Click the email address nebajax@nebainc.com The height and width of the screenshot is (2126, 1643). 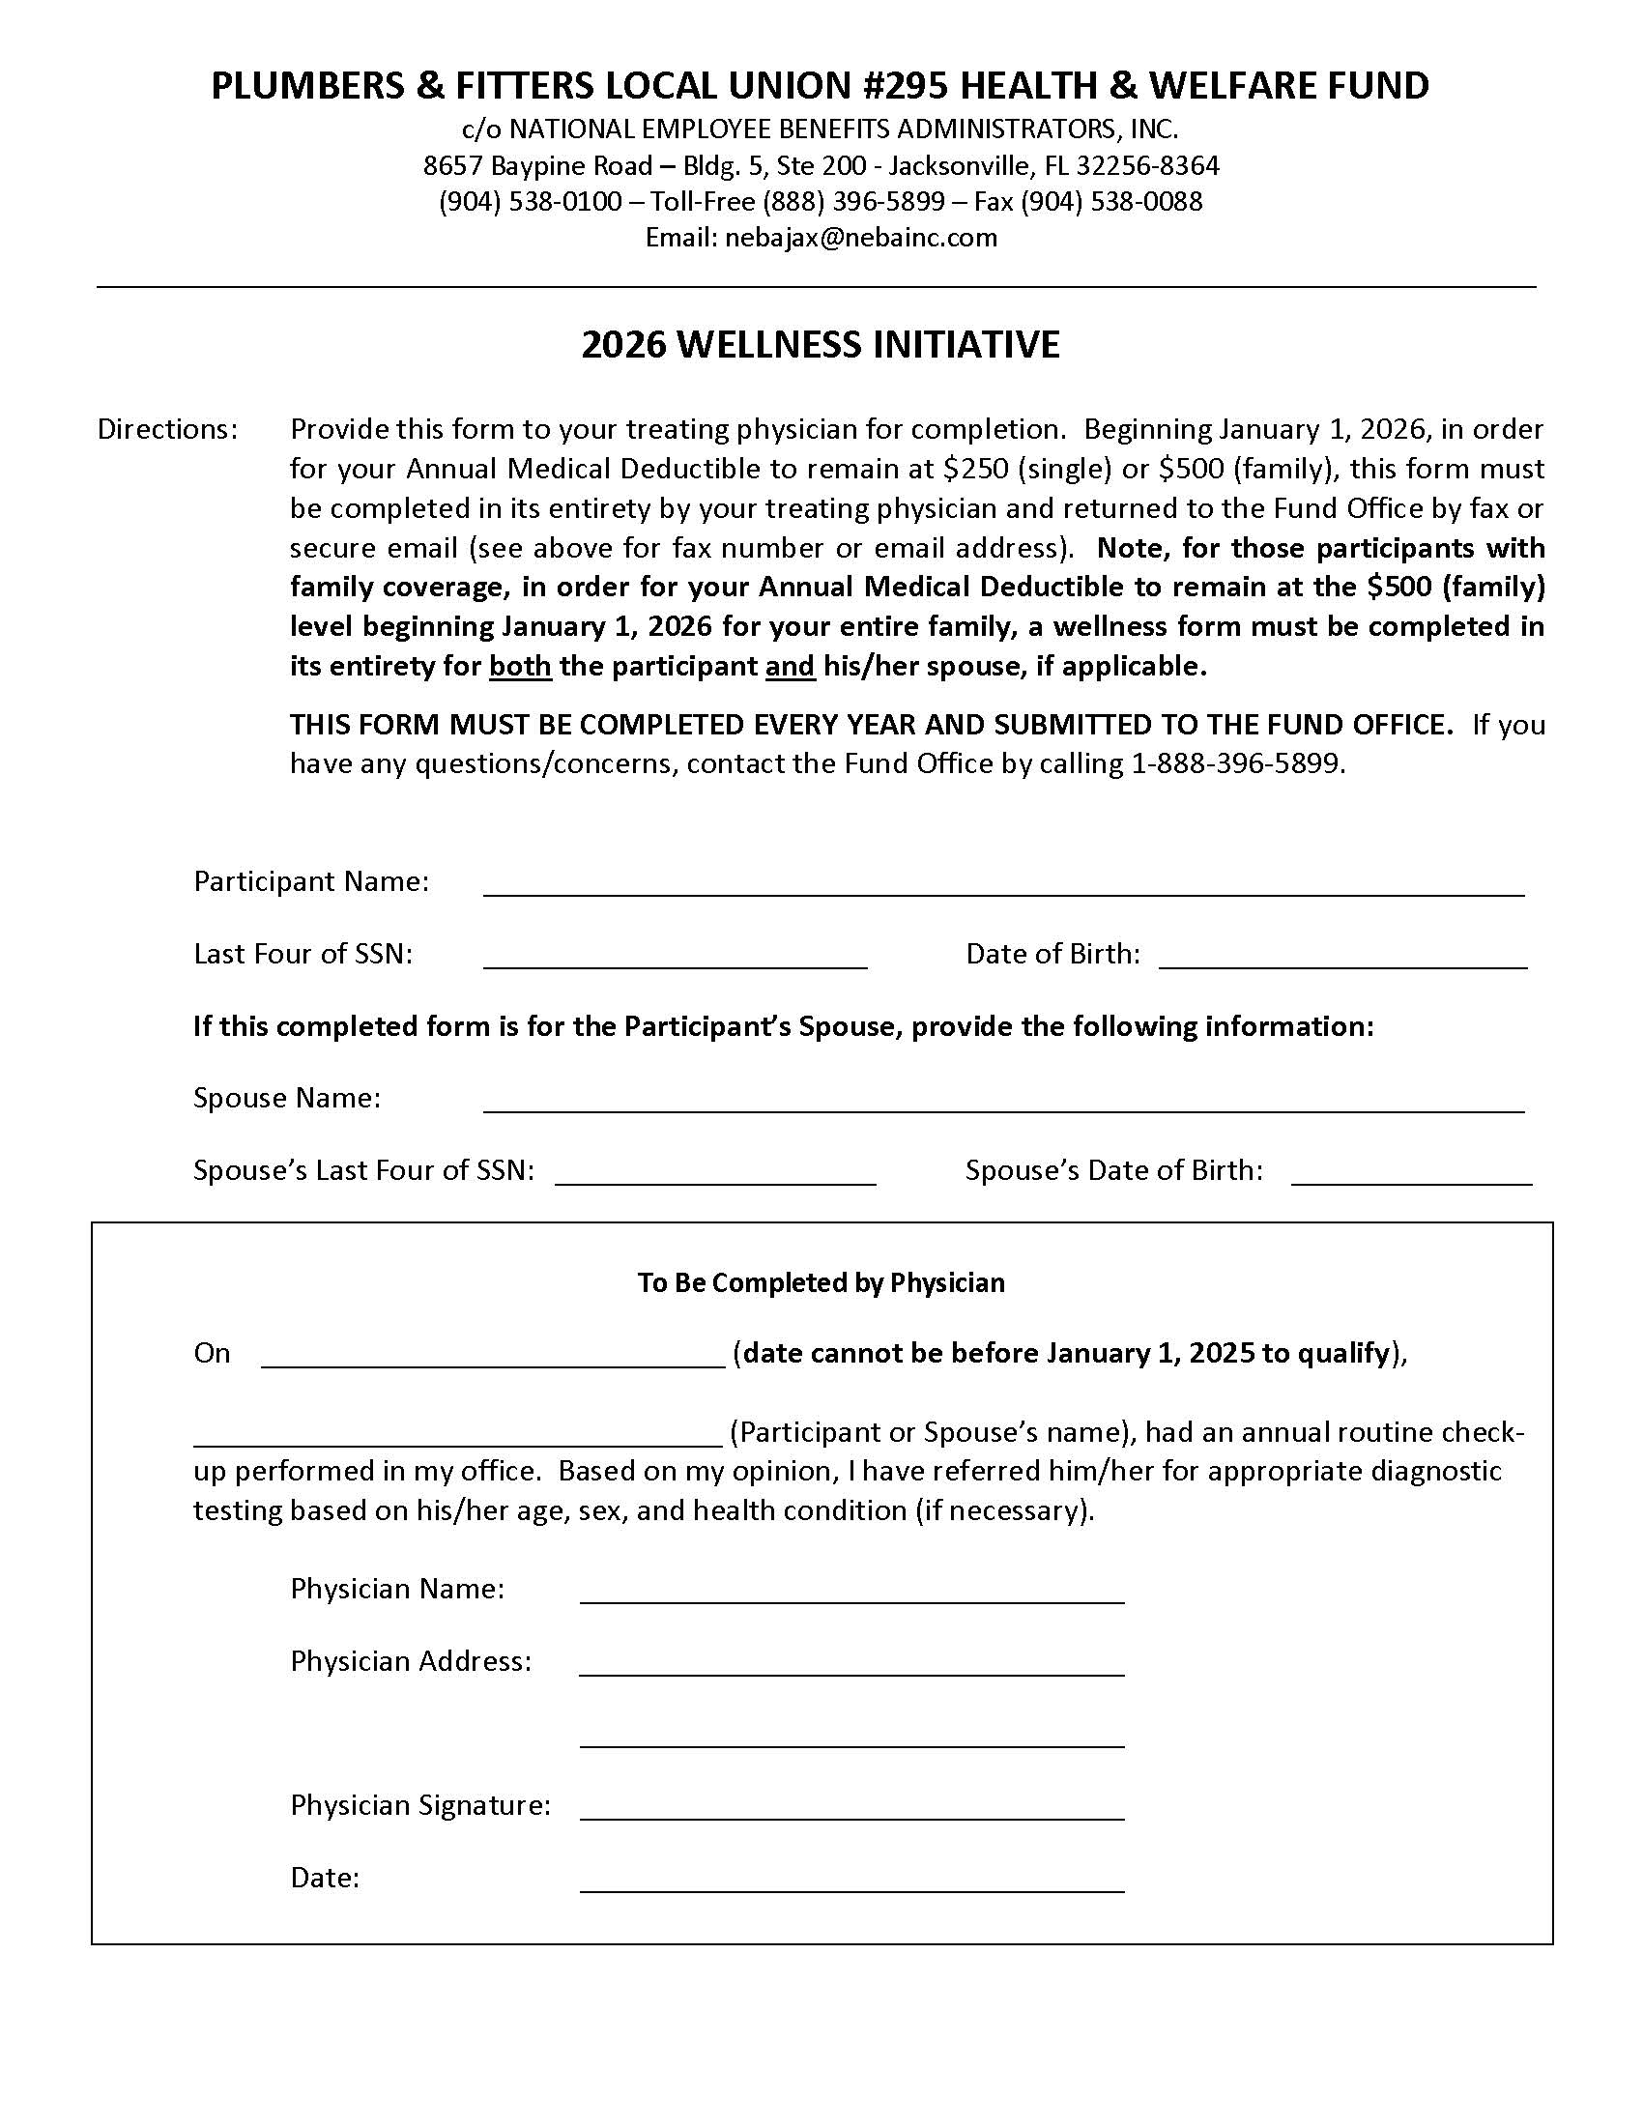point(860,238)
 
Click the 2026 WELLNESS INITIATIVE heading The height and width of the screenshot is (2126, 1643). point(821,345)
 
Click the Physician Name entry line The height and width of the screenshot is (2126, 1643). point(851,1592)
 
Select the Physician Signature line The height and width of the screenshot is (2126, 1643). point(851,1808)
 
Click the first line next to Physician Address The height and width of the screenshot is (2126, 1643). point(851,1664)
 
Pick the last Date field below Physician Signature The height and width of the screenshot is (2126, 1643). point(851,1880)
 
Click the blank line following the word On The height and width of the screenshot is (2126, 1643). point(493,1356)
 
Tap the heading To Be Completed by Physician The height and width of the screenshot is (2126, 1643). point(821,1283)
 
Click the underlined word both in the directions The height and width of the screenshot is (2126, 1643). point(520,667)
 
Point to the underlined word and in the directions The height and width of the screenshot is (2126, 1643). point(790,667)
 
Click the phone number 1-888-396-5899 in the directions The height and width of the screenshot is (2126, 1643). point(1236,764)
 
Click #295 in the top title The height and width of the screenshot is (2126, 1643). point(905,86)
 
